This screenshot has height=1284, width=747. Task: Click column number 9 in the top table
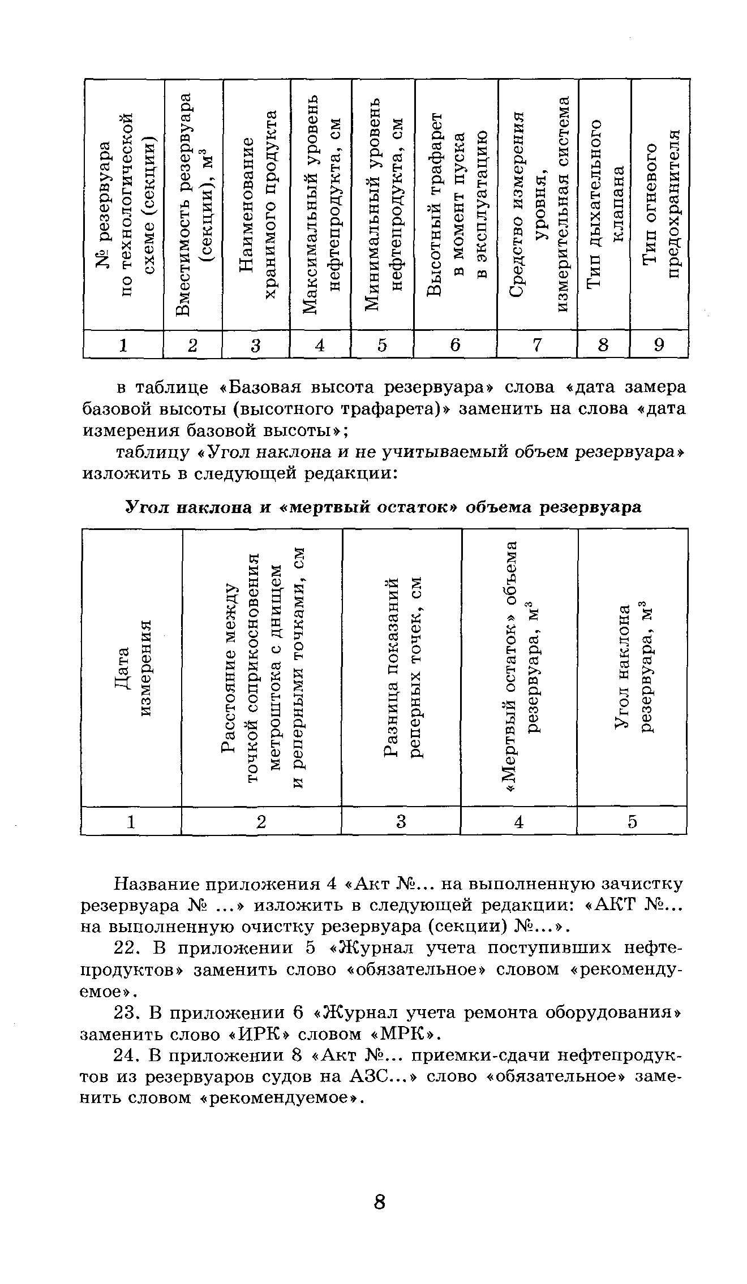659,344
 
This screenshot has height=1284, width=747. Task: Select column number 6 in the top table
456,344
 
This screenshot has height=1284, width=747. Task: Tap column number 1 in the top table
123,344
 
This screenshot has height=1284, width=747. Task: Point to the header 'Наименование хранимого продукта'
256,204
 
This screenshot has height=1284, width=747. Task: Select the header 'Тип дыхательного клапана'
604,204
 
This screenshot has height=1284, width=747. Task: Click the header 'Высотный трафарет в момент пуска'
457,204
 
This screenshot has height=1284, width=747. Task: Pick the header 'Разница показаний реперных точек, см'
402,667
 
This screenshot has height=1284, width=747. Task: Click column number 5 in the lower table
632,821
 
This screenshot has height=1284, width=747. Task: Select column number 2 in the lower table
261,821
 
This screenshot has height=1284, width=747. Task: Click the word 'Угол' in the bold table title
141,507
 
